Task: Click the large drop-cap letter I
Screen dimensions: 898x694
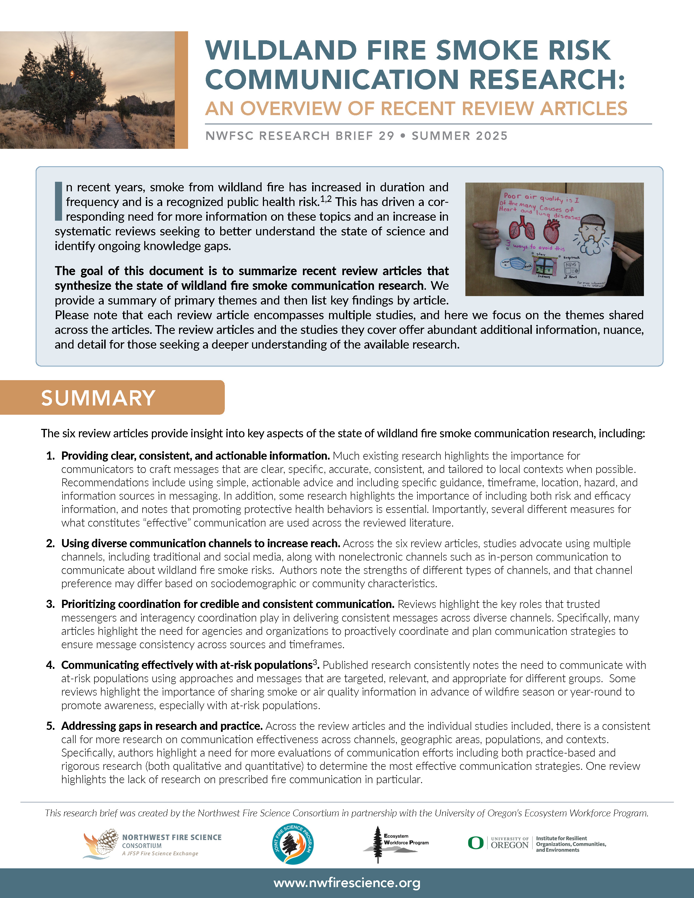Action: click(59, 201)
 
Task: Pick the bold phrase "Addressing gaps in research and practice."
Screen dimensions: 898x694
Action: click(162, 726)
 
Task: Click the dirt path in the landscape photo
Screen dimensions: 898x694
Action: click(109, 132)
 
